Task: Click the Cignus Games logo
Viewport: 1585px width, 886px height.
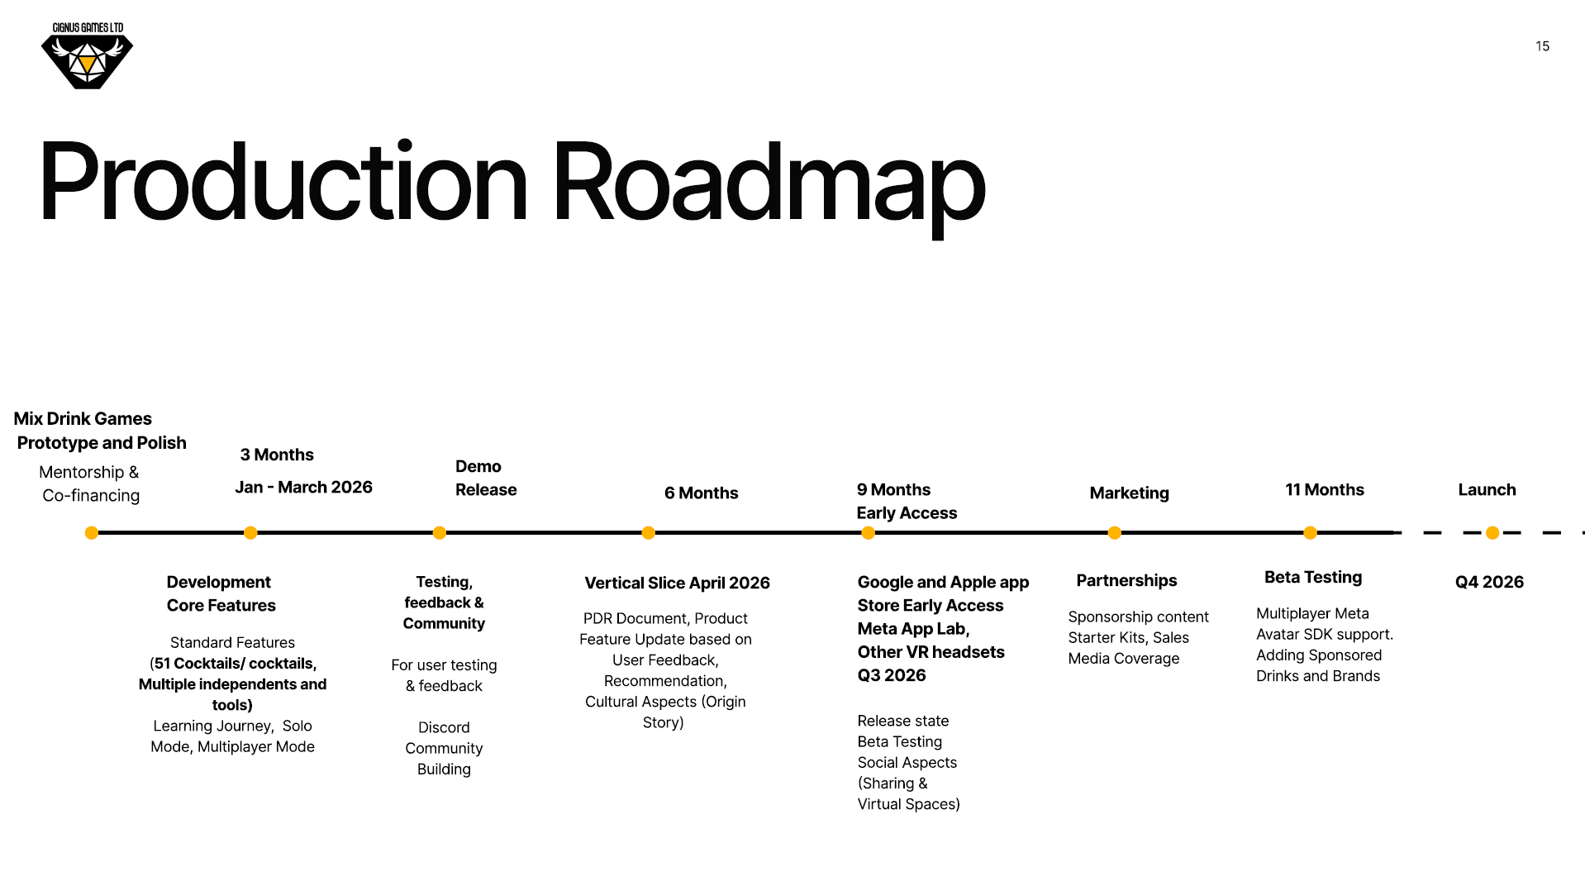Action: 87,55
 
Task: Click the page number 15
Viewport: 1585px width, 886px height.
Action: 1542,46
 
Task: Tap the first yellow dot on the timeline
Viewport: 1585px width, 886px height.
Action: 92,533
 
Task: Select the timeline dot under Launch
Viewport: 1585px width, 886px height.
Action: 1492,533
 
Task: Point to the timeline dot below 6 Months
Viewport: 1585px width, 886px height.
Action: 649,533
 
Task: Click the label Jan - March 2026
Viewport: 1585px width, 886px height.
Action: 303,488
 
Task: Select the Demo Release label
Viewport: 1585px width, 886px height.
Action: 486,478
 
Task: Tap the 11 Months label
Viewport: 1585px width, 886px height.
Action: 1325,489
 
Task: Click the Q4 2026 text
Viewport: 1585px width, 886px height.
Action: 1489,582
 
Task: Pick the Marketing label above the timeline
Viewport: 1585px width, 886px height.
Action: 1129,493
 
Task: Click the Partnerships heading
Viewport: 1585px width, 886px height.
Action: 1126,580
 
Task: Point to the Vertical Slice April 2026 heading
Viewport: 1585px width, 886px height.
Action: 677,583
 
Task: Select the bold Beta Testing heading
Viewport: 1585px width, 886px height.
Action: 1313,578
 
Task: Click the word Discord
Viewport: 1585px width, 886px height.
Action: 444,727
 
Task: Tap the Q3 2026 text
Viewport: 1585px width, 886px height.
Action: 892,675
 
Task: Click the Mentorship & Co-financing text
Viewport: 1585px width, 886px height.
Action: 90,483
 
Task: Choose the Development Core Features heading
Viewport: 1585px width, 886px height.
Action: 221,593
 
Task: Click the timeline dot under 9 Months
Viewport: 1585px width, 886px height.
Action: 869,533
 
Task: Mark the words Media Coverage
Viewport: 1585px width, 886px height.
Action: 1124,659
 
